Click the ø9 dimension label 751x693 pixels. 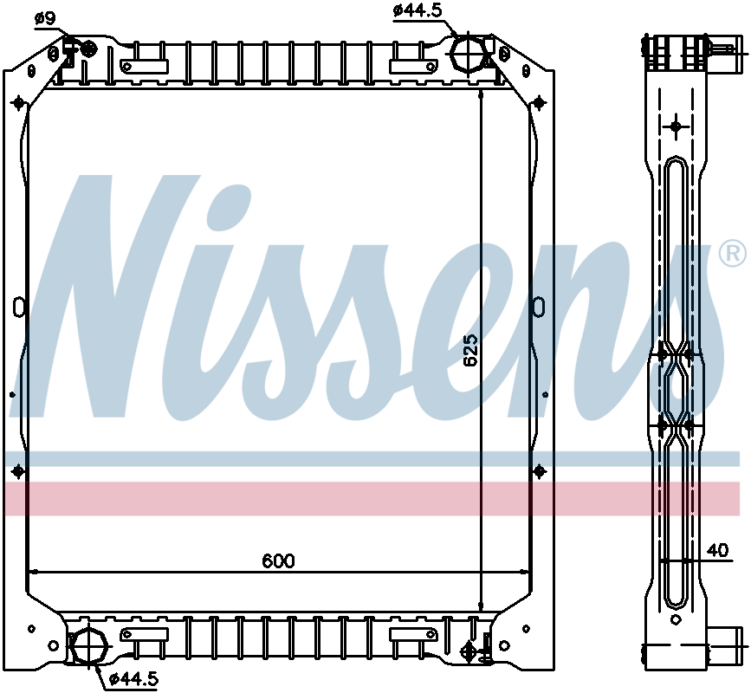click(44, 16)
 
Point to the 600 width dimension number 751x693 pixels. click(278, 560)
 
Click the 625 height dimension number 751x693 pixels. click(470, 351)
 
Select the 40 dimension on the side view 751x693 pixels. click(717, 549)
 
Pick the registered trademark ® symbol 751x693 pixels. click(731, 253)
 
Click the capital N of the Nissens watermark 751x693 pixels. click(121, 295)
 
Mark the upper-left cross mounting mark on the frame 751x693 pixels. click(18, 103)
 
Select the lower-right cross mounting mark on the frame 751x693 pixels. click(540, 470)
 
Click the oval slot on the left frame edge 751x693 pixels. click(18, 307)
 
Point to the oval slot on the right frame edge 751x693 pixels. click(539, 307)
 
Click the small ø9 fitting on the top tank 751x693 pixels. click(87, 50)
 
